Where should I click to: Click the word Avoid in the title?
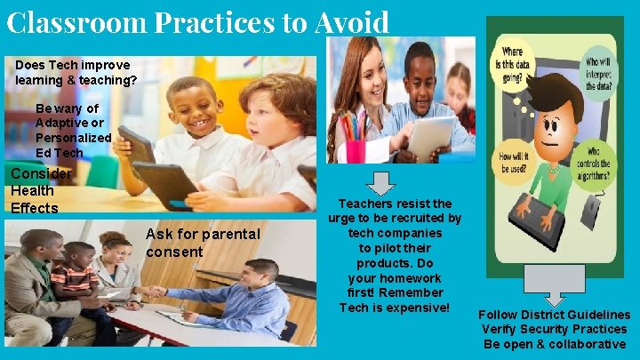(351, 20)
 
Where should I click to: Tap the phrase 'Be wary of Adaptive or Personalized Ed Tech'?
(73, 131)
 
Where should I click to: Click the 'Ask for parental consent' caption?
(203, 243)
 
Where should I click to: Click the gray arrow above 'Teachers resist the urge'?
(380, 182)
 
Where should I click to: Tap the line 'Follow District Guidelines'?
(554, 315)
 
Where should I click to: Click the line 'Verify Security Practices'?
(554, 329)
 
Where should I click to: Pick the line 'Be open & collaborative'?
(554, 344)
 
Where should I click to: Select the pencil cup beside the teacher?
(355, 147)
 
